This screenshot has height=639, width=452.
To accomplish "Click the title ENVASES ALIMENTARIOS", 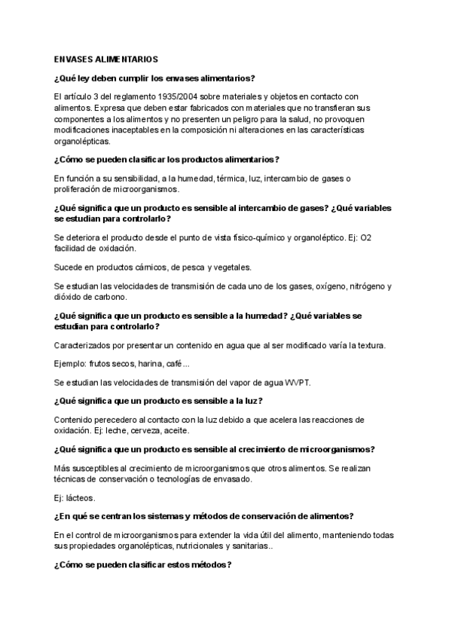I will point(106,59).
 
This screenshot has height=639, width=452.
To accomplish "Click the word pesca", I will point(184,267).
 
